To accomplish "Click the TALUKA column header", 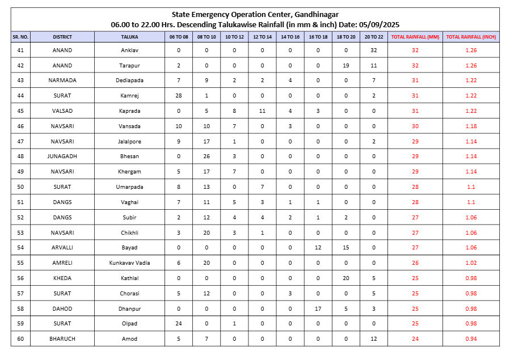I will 129,37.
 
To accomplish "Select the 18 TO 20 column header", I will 346,37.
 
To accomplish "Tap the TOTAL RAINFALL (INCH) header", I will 470,37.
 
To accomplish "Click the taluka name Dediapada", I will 129,81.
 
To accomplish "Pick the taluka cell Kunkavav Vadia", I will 129,263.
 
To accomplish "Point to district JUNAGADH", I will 62,156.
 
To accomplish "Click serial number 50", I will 20,187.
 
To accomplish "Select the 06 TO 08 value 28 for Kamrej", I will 179,96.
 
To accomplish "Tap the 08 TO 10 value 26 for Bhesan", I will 206,156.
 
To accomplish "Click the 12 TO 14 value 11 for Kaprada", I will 262,111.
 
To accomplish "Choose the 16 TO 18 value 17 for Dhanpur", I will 318,309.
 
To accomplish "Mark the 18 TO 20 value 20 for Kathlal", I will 346,278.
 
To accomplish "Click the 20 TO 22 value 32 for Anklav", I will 374,50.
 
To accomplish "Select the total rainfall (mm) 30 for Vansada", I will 415,126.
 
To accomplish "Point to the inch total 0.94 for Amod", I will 470,339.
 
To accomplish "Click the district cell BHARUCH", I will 62,339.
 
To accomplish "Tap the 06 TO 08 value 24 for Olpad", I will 179,324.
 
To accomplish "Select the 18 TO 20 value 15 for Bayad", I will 346,248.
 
